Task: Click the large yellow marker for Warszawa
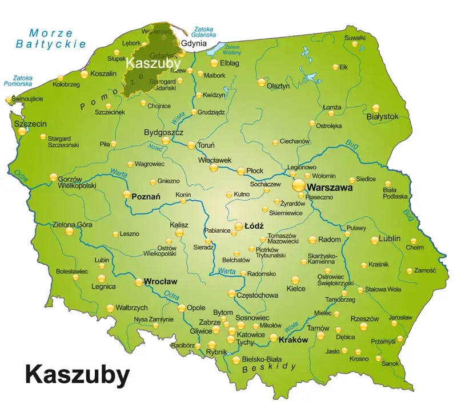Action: point(299,185)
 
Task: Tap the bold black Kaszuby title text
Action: point(77,375)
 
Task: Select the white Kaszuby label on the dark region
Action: point(153,63)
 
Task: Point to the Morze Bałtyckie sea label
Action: point(51,38)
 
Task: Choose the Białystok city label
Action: point(382,116)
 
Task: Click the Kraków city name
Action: point(293,339)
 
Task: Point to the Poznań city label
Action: point(146,196)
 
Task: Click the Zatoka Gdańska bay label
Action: point(205,31)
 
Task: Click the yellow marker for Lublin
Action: point(375,240)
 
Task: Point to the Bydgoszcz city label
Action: point(163,132)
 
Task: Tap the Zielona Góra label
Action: point(72,225)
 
